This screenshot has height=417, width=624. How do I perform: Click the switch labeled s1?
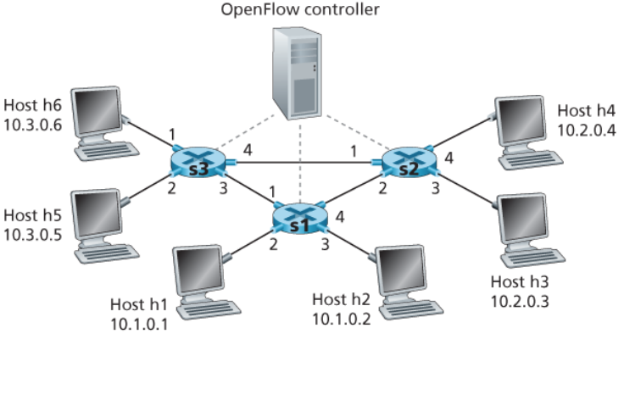[299, 220]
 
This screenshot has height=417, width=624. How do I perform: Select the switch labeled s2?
[408, 163]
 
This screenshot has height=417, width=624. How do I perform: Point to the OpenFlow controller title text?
[299, 11]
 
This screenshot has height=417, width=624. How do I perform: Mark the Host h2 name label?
[341, 299]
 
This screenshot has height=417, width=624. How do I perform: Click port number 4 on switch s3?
[247, 150]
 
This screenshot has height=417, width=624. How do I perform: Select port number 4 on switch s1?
[340, 216]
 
